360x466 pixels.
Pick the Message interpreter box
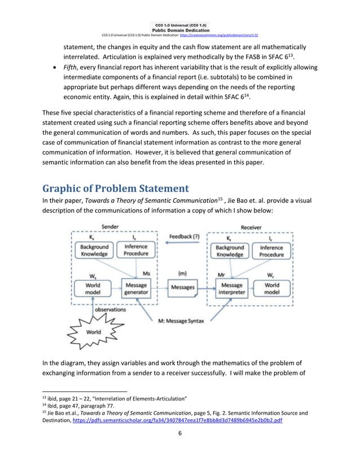point(232,289)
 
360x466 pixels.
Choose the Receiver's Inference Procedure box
point(272,251)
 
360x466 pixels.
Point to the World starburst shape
point(93,331)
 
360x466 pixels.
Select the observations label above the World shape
point(110,310)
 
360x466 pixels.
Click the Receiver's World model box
point(272,289)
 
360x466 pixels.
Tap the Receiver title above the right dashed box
point(252,227)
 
